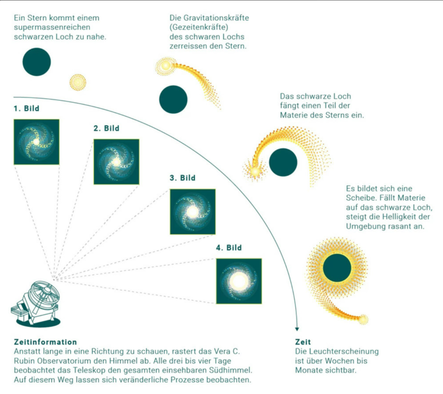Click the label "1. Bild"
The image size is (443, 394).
27,108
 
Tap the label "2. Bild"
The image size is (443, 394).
106,128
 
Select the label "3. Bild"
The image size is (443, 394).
183,178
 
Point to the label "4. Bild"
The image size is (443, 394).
229,248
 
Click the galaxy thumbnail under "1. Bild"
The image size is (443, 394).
37,142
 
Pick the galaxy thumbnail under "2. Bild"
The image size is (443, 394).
117,162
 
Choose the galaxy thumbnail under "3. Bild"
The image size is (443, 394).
193,212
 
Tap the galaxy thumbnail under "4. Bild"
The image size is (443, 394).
239,281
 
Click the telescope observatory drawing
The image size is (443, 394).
35,304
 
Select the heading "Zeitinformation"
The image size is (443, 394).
45,342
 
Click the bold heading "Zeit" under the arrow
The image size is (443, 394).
303,342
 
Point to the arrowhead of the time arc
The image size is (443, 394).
297,329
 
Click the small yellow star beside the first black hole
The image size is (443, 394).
78,82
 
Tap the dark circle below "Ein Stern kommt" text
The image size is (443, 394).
37,62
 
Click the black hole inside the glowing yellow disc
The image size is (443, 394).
337,268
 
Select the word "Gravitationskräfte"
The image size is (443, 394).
216,18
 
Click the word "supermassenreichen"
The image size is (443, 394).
52,27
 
